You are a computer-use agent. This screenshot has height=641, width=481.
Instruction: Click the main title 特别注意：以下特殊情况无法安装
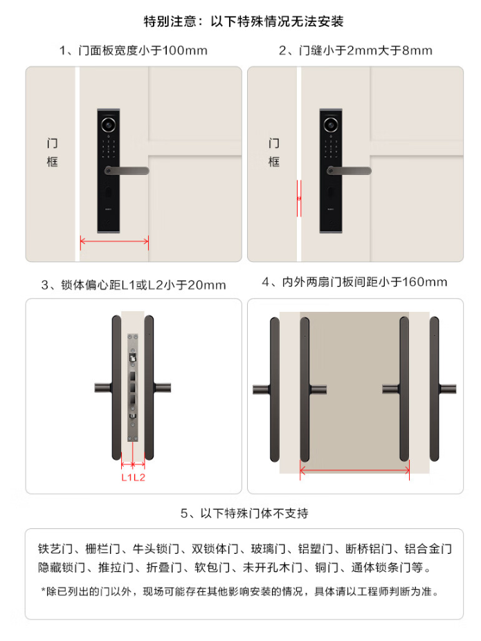point(244,21)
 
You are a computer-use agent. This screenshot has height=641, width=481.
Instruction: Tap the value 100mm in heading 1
point(185,50)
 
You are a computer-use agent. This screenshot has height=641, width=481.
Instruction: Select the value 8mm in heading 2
point(417,50)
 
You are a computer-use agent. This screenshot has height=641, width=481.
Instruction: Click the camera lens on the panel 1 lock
point(109,124)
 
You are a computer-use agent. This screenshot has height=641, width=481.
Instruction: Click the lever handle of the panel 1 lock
point(127,171)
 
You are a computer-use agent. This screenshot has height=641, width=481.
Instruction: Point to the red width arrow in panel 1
point(114,241)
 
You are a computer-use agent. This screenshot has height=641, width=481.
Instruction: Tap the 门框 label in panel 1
point(53,153)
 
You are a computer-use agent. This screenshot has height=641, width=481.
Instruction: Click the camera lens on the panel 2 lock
point(331,124)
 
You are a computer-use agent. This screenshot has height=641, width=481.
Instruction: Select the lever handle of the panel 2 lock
point(350,171)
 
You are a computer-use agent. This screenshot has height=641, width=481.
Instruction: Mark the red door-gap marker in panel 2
point(299,198)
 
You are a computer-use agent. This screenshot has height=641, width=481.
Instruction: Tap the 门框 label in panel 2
point(274,153)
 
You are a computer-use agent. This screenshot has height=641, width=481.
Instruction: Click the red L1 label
point(127,477)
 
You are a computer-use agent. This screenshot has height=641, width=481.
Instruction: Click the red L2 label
point(140,477)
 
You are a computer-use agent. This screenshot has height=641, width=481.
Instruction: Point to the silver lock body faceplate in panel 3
point(133,387)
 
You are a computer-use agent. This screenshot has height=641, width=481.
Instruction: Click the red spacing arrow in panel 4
point(354,471)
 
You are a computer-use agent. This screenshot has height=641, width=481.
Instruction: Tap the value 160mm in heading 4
point(425,281)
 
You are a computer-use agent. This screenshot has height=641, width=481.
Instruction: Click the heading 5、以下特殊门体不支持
point(244,513)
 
